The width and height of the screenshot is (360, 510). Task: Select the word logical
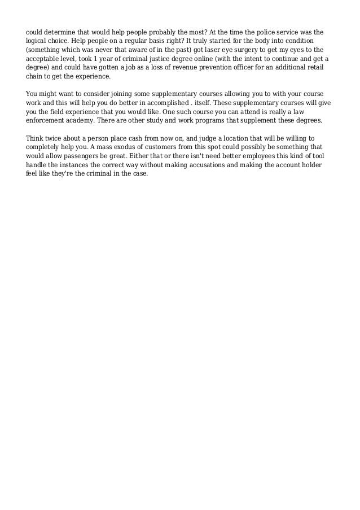click(x=38, y=42)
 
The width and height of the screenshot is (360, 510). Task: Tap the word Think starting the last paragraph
click(x=37, y=138)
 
